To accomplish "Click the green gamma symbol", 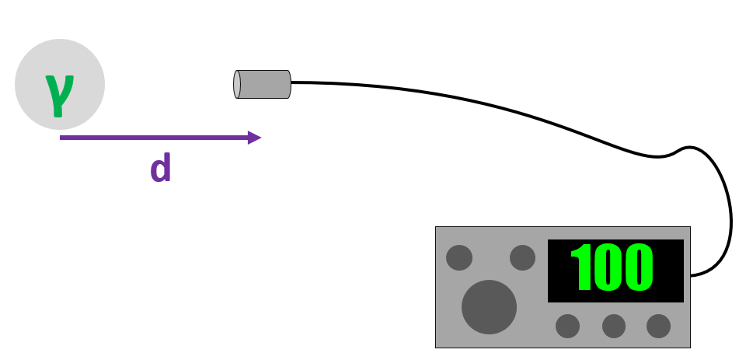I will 58,93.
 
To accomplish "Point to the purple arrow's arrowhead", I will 254,138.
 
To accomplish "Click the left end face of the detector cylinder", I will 237,84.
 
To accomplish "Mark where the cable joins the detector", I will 291,82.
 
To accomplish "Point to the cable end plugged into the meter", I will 692,274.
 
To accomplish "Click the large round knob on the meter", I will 489,306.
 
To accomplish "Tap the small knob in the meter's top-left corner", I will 459,257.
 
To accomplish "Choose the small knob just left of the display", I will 522,257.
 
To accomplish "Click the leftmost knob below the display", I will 568,326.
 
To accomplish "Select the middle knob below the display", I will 614,326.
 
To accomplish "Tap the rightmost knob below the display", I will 658,326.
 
